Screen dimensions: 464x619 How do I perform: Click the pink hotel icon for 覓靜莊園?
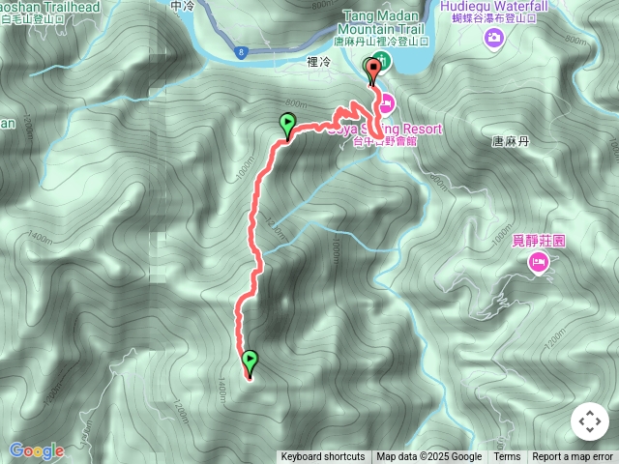click(537, 262)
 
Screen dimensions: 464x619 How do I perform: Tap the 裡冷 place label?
click(318, 60)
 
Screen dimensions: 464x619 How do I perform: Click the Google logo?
click(36, 450)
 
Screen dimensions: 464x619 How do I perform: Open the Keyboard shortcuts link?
click(323, 457)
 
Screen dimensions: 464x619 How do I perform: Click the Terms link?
click(507, 457)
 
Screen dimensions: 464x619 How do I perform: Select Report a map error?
click(573, 457)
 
